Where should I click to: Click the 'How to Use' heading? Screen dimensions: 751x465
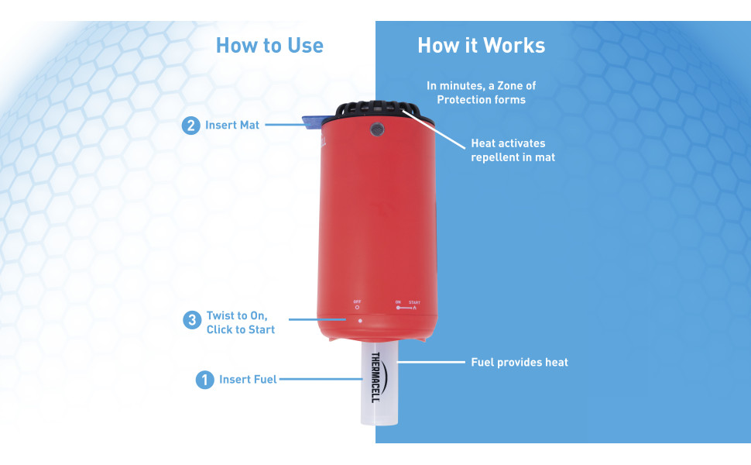pos(269,46)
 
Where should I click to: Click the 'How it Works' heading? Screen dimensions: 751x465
pos(482,46)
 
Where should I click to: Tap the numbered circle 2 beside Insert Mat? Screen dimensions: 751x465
pos(190,126)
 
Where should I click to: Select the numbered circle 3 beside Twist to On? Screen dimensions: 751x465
pos(192,320)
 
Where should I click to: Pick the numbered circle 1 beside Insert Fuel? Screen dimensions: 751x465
pos(204,380)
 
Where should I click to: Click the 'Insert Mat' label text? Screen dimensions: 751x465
pos(232,125)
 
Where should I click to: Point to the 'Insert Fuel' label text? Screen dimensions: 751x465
pos(248,380)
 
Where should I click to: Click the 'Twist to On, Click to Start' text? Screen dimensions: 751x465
pos(241,322)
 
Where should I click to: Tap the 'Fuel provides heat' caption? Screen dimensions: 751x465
pos(520,363)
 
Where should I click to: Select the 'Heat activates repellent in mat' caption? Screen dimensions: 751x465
pos(513,150)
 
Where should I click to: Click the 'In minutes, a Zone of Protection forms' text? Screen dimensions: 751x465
pos(482,92)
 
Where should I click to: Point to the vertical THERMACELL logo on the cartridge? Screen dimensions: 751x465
pos(376,377)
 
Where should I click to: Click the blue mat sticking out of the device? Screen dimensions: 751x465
pos(311,122)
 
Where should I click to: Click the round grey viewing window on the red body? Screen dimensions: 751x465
pos(377,129)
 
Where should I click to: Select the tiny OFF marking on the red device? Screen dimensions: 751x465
pos(357,302)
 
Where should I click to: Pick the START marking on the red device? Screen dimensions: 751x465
pos(414,302)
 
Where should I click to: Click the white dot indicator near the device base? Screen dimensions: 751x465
pos(360,321)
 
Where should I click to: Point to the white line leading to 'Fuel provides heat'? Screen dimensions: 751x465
pos(431,363)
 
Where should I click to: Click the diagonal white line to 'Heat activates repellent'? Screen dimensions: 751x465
pos(434,129)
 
